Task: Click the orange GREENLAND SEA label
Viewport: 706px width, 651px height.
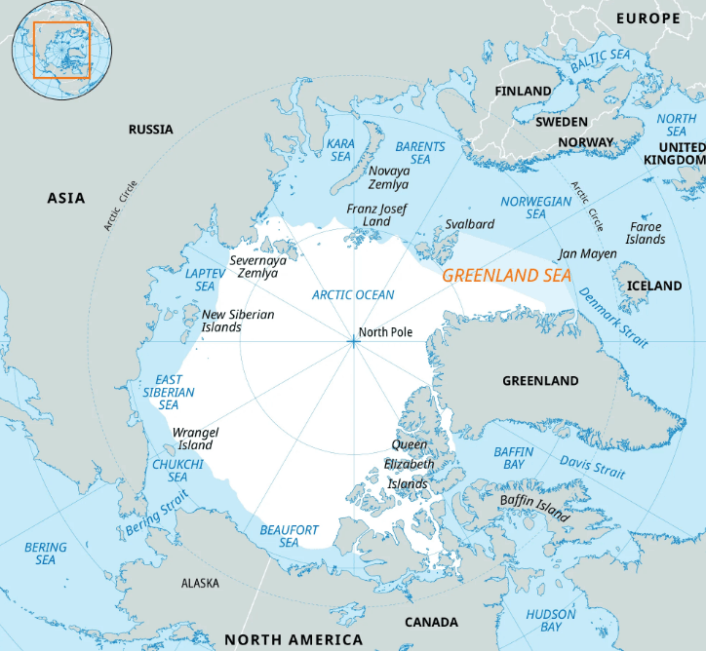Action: point(507,276)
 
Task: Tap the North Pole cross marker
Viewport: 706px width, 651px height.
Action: point(353,341)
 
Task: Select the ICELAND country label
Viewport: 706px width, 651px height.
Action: point(654,286)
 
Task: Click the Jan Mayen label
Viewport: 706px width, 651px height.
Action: point(587,253)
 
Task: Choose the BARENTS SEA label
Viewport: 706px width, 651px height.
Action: point(420,153)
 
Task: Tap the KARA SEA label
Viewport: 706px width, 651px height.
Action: point(340,150)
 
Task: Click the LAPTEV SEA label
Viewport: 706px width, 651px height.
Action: point(205,280)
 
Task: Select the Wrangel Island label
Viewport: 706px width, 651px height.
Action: point(195,439)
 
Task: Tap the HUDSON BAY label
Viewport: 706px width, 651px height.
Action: point(551,621)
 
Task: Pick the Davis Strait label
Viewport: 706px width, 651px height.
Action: point(592,467)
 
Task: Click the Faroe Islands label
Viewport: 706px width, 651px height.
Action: point(646,233)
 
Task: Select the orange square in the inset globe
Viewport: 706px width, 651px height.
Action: point(61,50)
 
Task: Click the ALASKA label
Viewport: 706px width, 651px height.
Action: point(200,583)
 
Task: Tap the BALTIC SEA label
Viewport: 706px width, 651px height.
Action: point(600,60)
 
